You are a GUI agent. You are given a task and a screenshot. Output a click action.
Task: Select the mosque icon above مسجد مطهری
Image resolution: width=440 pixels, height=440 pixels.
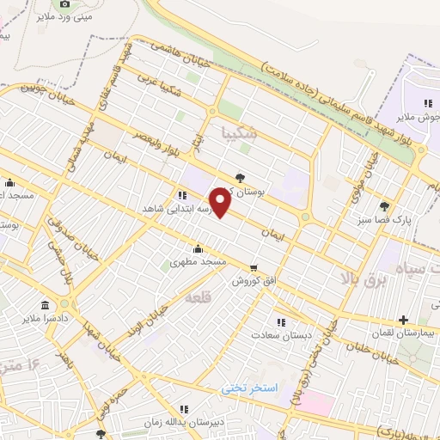click(199, 249)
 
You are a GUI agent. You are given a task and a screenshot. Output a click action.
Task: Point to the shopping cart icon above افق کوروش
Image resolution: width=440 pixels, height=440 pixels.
click(253, 268)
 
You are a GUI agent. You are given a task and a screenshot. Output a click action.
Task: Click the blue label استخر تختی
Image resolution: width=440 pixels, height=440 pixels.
click(250, 388)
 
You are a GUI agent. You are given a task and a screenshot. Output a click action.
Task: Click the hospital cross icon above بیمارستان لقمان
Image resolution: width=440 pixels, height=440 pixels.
click(403, 319)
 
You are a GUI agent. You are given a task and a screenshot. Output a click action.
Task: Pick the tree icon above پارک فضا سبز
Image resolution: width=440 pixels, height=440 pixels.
click(384, 205)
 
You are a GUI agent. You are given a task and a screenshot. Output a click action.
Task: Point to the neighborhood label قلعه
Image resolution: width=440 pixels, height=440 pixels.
click(198, 296)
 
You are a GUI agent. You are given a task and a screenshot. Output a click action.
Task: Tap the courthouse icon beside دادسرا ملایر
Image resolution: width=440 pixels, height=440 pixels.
click(45, 305)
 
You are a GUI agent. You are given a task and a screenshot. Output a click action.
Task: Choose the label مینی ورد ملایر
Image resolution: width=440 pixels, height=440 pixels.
click(64, 17)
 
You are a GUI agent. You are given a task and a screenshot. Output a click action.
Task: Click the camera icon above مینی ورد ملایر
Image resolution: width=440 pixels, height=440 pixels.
click(64, 4)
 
